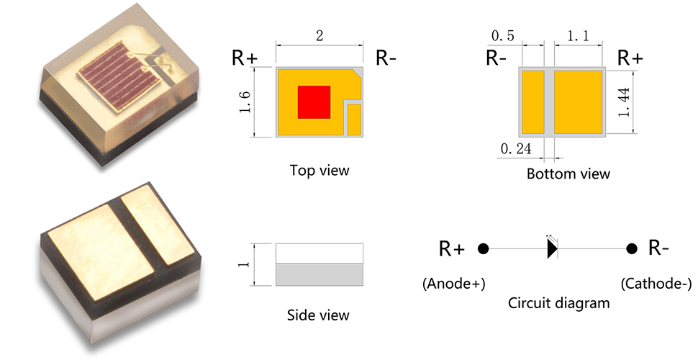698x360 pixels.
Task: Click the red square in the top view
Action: [314, 102]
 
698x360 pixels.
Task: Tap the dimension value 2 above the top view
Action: [319, 36]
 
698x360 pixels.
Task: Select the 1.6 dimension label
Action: [245, 102]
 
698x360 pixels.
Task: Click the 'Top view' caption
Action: [319, 171]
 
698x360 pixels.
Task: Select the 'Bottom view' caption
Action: [568, 174]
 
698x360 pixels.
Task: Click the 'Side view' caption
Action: [318, 315]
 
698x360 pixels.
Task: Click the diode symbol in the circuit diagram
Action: [552, 248]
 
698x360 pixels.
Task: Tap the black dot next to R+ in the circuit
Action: [484, 248]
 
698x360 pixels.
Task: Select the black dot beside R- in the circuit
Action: [631, 248]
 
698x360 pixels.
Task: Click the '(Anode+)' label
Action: [453, 284]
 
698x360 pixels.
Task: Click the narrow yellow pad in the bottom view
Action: [532, 102]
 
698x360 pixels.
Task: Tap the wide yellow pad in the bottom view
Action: [578, 102]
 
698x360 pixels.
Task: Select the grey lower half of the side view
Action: [319, 274]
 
